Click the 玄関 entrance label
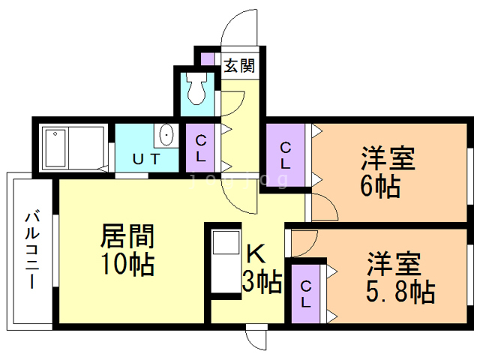[x=239, y=66]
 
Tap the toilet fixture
[x=196, y=88]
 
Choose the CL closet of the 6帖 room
[x=286, y=154]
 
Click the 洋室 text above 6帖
[x=388, y=159]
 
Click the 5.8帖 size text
[x=400, y=291]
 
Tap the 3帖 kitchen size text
[x=261, y=283]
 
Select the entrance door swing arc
[x=238, y=30]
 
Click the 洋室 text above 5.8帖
[x=394, y=265]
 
